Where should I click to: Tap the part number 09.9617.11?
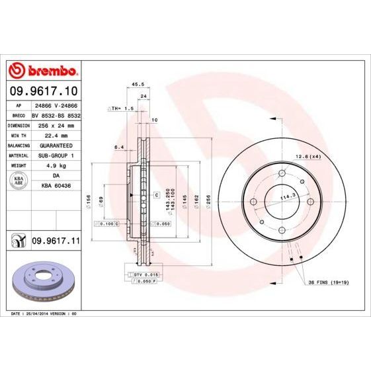[x=56, y=243]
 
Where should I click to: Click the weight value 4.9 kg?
[x=56, y=165]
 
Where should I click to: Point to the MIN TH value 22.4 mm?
[x=56, y=135]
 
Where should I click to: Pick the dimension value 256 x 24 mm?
[x=56, y=125]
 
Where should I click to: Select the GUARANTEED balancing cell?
[x=56, y=145]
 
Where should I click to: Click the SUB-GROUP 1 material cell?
[x=56, y=155]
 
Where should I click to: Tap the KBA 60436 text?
[x=56, y=187]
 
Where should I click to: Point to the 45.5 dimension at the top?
[x=138, y=85]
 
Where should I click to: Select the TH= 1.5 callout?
[x=122, y=107]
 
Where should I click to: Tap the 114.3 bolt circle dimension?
[x=286, y=196]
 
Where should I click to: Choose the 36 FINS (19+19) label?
[x=327, y=282]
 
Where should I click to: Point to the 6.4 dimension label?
[x=119, y=147]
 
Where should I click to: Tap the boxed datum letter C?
[x=156, y=196]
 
